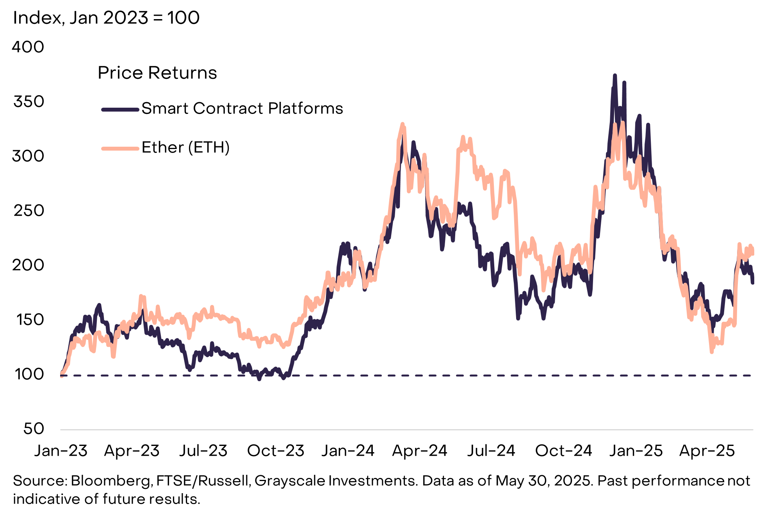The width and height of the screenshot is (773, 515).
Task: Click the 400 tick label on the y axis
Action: (28, 47)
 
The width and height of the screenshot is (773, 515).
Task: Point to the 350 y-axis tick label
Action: (28, 102)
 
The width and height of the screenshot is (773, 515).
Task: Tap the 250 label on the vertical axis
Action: (28, 211)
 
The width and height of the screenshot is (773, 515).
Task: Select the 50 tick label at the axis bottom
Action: (34, 429)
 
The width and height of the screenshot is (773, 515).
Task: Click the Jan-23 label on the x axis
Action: (61, 451)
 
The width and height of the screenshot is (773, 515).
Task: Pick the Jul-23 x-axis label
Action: (203, 451)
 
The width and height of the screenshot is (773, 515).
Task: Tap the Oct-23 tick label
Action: (276, 451)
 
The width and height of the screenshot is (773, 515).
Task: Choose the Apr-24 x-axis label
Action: (420, 451)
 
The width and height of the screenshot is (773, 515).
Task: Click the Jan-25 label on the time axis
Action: (636, 451)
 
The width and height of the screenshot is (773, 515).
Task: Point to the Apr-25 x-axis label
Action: (707, 451)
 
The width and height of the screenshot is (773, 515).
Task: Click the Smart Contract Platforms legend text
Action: (242, 108)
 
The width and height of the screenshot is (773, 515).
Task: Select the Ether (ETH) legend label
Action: (185, 147)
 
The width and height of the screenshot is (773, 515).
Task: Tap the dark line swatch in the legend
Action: (120, 110)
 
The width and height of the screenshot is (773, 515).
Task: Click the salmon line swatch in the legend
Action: (120, 148)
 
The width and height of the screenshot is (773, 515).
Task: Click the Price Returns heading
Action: (157, 73)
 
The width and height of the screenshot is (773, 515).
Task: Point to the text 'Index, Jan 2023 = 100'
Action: (106, 18)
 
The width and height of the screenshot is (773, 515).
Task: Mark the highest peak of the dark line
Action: (615, 75)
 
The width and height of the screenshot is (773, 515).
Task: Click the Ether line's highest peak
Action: (403, 124)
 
